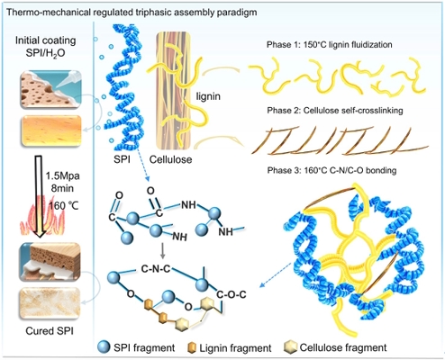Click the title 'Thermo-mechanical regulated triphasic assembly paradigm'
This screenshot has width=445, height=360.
click(x=132, y=13)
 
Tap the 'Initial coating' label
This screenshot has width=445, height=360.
click(x=46, y=40)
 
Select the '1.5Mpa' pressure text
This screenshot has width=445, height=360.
click(x=62, y=175)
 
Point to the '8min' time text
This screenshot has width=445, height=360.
click(x=62, y=188)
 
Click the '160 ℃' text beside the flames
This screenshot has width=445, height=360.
click(x=64, y=206)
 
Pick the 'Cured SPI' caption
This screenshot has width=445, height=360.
click(x=50, y=331)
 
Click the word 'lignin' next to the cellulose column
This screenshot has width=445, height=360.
click(x=208, y=96)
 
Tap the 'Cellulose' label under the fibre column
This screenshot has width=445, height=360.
click(x=170, y=159)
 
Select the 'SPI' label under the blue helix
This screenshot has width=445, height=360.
click(x=122, y=159)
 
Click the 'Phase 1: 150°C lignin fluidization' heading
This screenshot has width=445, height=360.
click(x=330, y=45)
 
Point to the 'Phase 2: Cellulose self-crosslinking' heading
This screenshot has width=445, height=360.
click(x=335, y=111)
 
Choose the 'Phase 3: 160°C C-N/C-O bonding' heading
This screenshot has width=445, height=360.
click(x=331, y=170)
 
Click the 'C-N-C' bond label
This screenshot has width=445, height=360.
click(x=156, y=269)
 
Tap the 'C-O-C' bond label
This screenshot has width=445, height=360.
click(x=232, y=294)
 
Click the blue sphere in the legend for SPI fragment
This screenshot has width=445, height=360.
click(x=104, y=347)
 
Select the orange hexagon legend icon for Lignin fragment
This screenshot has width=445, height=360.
click(x=192, y=348)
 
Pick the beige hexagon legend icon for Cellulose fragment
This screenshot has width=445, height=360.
click(x=290, y=347)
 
